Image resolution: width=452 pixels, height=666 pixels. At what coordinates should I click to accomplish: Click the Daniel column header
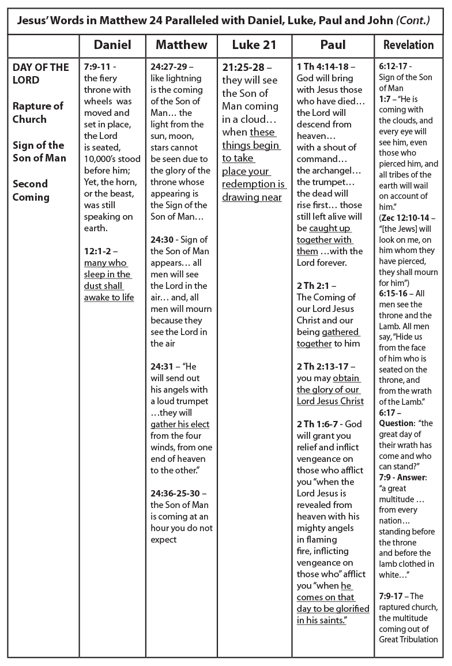pos(112,45)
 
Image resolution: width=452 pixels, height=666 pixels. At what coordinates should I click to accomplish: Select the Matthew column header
pos(181,45)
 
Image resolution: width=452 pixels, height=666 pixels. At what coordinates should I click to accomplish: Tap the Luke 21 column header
pos(254,45)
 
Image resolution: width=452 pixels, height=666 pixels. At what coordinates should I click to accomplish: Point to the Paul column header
pos(333,45)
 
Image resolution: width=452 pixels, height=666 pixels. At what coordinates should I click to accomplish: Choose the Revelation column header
pos(408,45)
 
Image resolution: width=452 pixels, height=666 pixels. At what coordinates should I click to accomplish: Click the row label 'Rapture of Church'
pos(38,112)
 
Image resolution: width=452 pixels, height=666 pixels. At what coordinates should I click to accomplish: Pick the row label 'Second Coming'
pos(31,190)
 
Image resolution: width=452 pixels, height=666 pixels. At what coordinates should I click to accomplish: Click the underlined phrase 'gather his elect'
pos(180,424)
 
